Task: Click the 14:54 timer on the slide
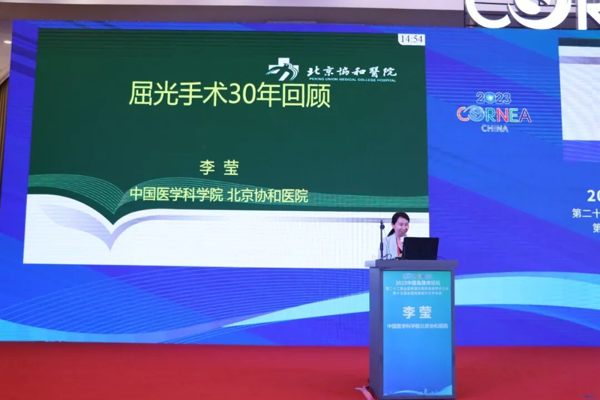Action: tap(411, 39)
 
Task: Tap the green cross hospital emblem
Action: tap(283, 71)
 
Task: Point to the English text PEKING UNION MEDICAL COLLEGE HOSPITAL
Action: tap(351, 81)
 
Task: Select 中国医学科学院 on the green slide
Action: tap(176, 195)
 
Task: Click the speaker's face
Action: tap(401, 226)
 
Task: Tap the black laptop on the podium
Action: tap(420, 248)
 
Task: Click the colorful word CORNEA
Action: tap(494, 114)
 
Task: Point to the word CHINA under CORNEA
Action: tap(494, 128)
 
